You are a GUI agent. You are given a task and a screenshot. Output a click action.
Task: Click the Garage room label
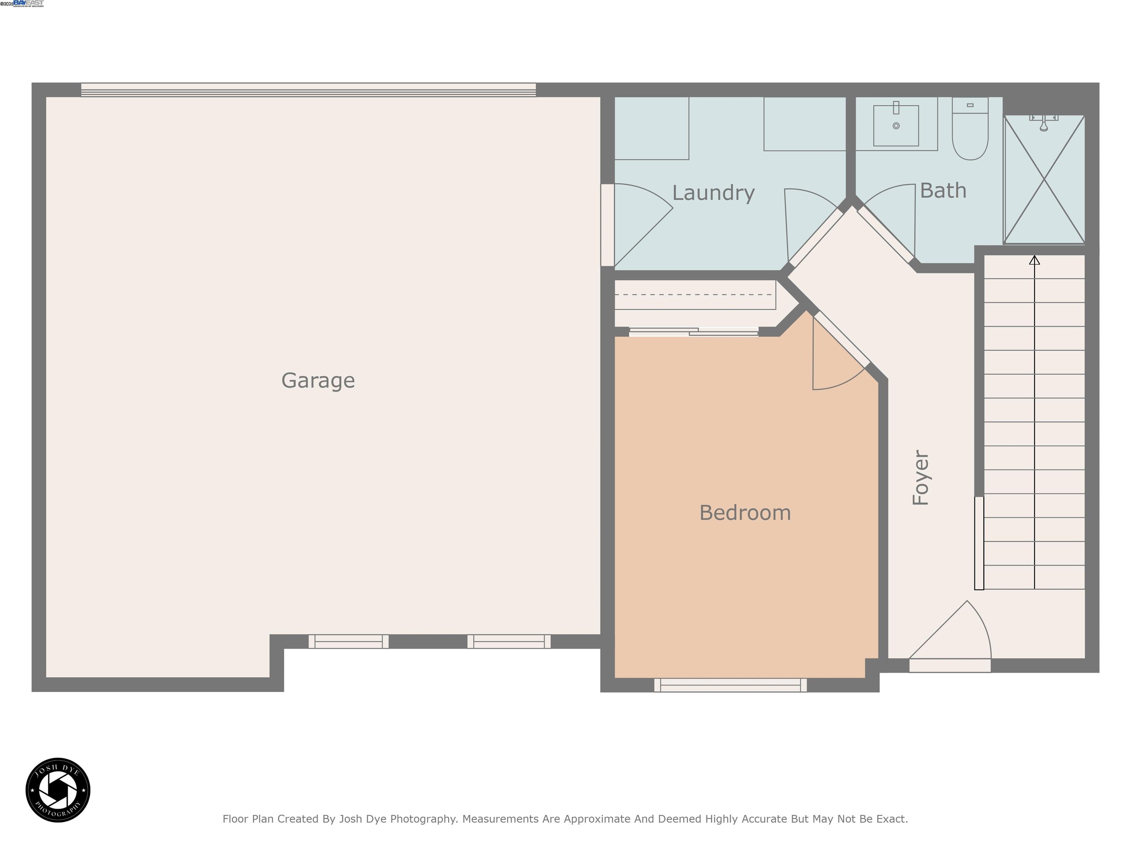click(318, 380)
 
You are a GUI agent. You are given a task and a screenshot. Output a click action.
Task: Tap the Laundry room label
click(713, 193)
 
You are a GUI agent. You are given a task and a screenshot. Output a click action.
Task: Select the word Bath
click(943, 191)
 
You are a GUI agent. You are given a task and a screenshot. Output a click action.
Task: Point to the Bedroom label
click(745, 513)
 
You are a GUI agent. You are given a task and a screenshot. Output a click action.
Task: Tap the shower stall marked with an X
click(1044, 179)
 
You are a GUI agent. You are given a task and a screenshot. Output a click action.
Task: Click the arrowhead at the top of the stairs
click(1035, 260)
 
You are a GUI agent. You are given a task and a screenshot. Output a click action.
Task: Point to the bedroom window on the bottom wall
click(730, 685)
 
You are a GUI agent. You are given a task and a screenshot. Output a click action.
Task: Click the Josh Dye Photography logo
click(58, 790)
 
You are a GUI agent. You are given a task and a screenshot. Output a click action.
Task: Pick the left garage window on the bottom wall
click(348, 641)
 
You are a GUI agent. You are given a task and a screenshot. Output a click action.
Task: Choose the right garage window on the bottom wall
click(509, 641)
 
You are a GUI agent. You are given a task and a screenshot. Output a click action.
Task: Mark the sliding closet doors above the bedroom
click(693, 332)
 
